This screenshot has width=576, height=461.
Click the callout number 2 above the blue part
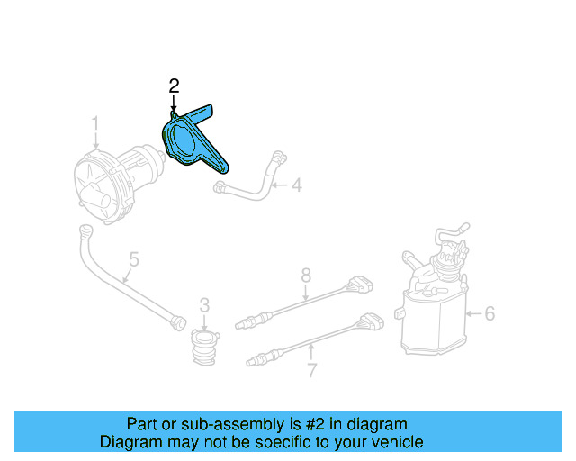click(x=174, y=86)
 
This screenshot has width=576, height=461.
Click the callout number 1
click(x=94, y=122)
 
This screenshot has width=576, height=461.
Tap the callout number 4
click(x=296, y=186)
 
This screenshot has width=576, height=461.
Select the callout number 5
click(x=133, y=261)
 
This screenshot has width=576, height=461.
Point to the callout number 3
click(x=204, y=304)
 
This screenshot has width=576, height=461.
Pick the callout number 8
click(x=306, y=274)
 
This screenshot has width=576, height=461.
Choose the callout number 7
click(x=311, y=369)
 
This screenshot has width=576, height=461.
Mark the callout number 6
click(x=490, y=313)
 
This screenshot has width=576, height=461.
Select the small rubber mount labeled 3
click(x=204, y=348)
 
